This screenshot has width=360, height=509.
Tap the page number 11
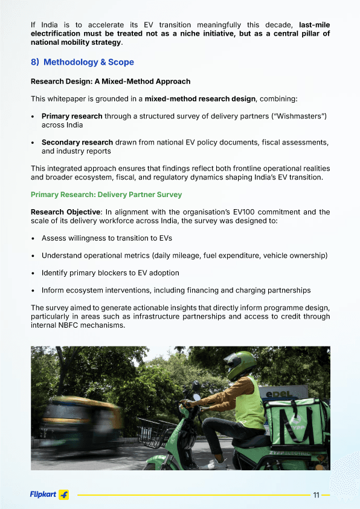click(x=316, y=495)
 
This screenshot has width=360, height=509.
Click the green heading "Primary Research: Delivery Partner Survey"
click(x=106, y=195)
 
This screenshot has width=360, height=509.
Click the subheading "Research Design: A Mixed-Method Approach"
click(x=111, y=81)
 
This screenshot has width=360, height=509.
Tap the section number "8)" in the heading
click(x=35, y=62)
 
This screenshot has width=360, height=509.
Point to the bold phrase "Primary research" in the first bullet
click(x=72, y=115)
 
